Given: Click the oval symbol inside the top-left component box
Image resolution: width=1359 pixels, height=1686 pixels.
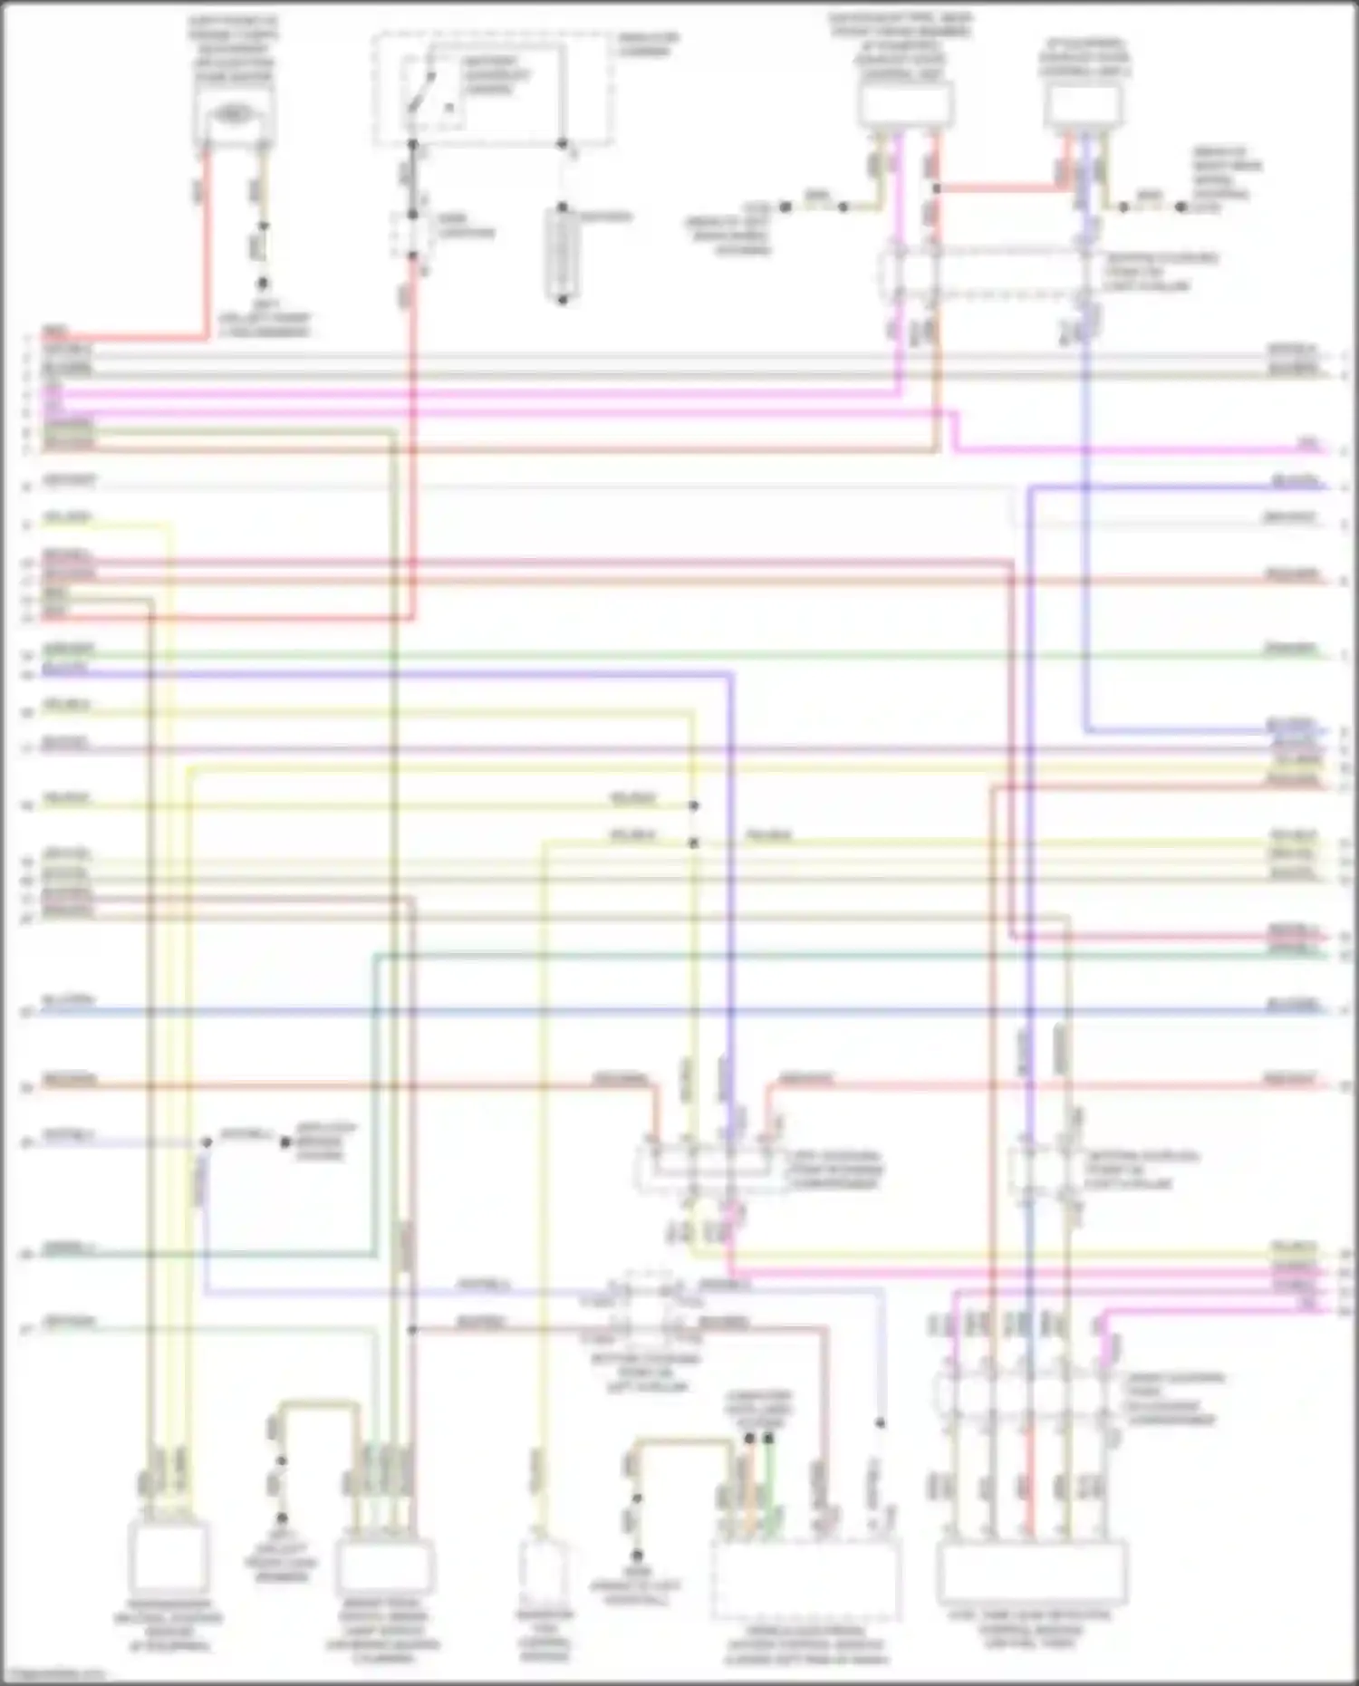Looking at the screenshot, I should click(x=233, y=115).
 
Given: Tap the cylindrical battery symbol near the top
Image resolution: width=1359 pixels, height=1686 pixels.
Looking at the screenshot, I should click(x=562, y=254).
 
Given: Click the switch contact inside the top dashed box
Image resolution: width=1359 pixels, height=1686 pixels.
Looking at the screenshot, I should click(x=421, y=91).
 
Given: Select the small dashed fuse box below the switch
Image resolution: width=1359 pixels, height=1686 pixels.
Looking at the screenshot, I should click(x=411, y=234).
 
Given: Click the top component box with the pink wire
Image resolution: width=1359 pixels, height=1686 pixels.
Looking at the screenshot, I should click(x=905, y=104).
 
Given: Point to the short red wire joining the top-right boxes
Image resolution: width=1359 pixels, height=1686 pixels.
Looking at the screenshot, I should click(x=997, y=188).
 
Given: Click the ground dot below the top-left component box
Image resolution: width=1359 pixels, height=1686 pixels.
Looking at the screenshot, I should click(x=262, y=283).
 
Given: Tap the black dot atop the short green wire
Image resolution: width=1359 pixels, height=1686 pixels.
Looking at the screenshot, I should click(x=769, y=1438).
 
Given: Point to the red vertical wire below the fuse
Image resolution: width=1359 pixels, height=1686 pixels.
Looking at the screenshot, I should click(x=413, y=435).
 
